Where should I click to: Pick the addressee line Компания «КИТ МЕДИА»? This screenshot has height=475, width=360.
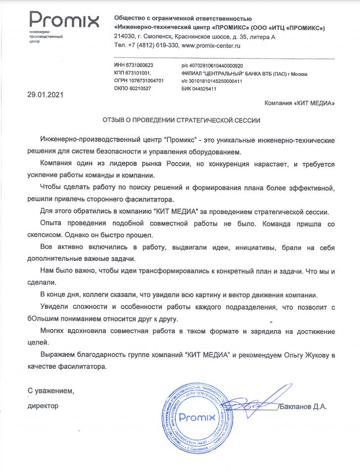point(300,103)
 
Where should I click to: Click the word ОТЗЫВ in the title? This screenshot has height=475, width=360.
point(115,120)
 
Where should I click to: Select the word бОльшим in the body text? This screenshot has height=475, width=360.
point(41,319)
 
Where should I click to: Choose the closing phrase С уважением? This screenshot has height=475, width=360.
point(51,391)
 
